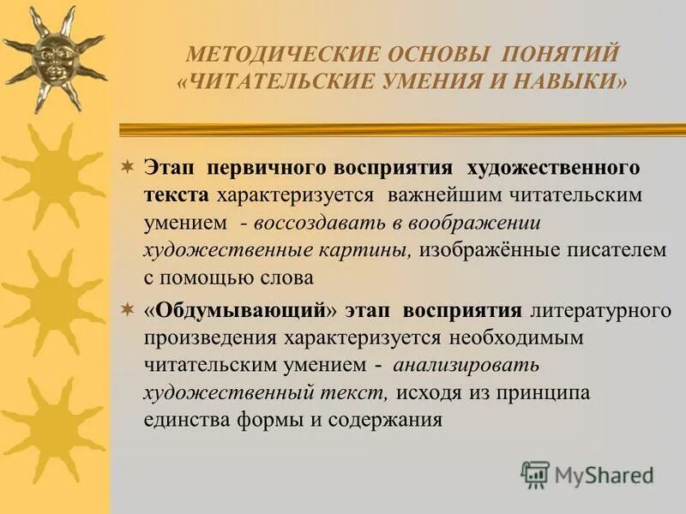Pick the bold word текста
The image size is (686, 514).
click(x=176, y=194)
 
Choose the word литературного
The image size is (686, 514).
click(x=600, y=309)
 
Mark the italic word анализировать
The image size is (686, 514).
click(x=466, y=366)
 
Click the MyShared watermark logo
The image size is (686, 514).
click(x=587, y=474)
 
